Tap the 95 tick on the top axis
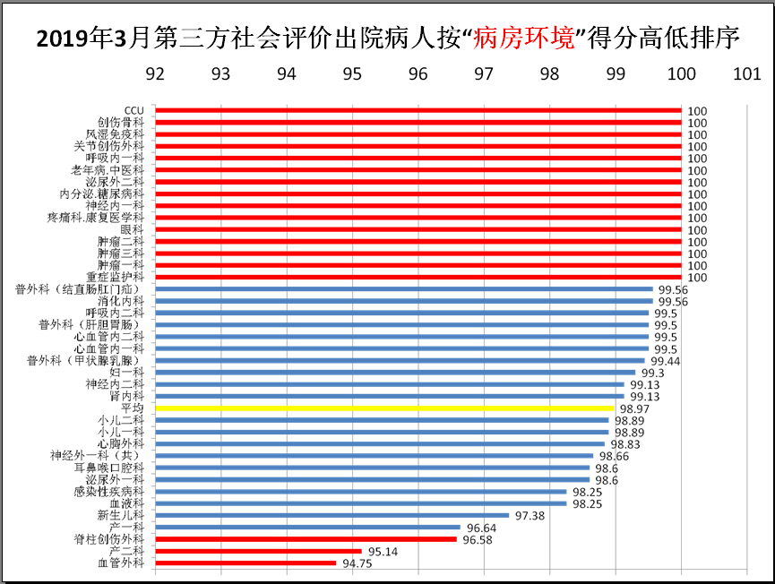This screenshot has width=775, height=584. click(x=352, y=75)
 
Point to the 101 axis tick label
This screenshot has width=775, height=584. click(x=746, y=75)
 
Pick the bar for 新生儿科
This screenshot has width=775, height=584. click(x=332, y=515)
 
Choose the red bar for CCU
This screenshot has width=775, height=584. click(x=418, y=111)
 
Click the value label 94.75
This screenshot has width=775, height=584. click(x=357, y=563)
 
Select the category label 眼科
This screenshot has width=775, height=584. click(x=133, y=230)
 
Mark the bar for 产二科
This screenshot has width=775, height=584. click(x=259, y=551)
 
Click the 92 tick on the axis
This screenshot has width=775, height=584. click(x=155, y=75)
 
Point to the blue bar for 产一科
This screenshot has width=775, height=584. click(x=308, y=528)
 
